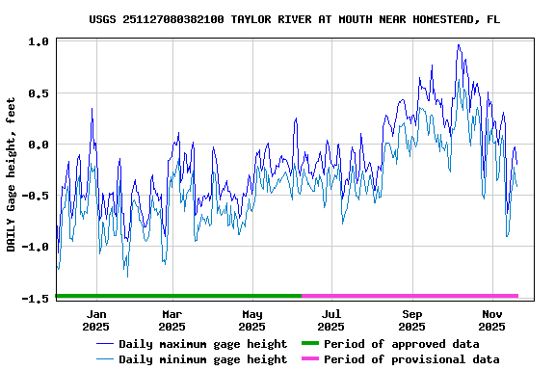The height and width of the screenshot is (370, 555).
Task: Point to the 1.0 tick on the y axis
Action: [39, 42]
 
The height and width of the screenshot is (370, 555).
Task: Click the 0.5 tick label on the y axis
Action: [39, 93]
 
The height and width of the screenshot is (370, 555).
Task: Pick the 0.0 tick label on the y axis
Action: [39, 145]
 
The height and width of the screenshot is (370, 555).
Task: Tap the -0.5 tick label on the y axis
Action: [36, 196]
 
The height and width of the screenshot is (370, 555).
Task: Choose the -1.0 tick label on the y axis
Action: [36, 247]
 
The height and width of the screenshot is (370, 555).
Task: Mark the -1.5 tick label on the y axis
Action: [36, 299]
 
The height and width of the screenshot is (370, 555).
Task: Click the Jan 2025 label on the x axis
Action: [96, 320]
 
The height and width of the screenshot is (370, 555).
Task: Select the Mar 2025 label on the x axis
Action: [172, 320]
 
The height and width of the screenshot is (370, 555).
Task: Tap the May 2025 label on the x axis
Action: [252, 320]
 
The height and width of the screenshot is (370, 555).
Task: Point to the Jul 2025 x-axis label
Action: [331, 320]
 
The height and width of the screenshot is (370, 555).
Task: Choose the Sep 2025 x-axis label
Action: [412, 320]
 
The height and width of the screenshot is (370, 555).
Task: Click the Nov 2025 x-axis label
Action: [492, 320]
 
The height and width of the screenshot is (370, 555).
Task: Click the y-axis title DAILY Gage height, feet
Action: [12, 174]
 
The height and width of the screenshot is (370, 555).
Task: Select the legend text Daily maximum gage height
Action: [202, 344]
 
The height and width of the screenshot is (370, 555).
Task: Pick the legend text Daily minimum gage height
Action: [202, 359]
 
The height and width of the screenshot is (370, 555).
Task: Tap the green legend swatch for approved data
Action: [309, 343]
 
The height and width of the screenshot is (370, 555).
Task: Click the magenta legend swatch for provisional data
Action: [309, 358]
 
